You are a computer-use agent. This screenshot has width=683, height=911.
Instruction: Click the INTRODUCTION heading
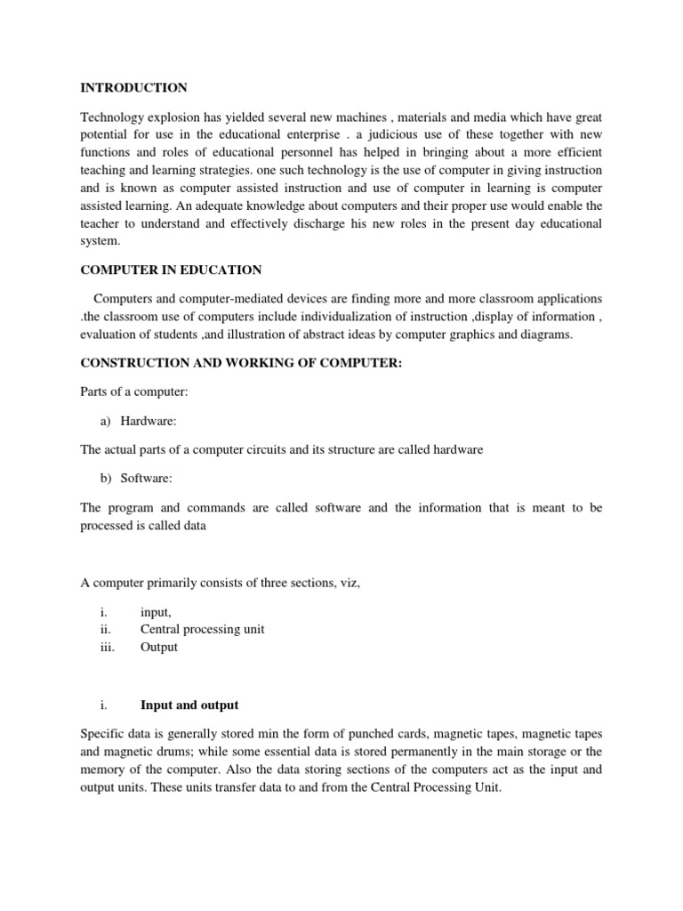133,88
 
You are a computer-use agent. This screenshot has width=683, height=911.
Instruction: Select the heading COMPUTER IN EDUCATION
171,270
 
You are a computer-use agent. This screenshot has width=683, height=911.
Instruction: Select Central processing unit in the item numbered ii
202,629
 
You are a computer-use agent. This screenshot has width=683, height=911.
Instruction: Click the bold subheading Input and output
189,705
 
